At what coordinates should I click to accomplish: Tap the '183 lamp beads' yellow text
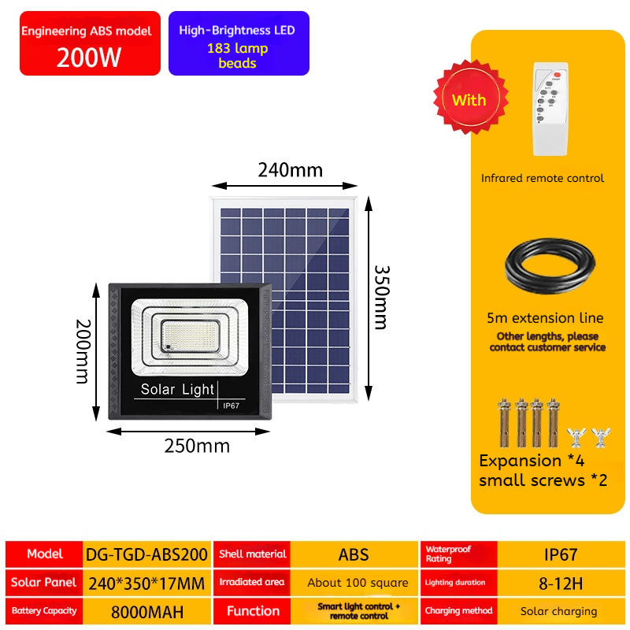[237, 56]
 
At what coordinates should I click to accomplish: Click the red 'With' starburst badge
[469, 100]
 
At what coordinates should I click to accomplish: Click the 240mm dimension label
[285, 170]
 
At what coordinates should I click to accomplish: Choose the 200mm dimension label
[82, 350]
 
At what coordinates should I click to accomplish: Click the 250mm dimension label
[197, 446]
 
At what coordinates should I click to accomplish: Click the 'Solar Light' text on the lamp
[177, 389]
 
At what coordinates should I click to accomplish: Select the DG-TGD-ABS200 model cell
[146, 554]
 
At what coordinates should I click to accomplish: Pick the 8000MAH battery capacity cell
[146, 611]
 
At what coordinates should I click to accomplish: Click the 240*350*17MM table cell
[146, 583]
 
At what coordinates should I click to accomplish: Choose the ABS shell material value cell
[354, 554]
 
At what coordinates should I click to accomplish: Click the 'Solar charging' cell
[559, 611]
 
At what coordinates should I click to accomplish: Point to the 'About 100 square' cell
[358, 583]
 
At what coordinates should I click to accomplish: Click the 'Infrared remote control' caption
[543, 178]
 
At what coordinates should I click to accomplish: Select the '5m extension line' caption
[545, 318]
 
